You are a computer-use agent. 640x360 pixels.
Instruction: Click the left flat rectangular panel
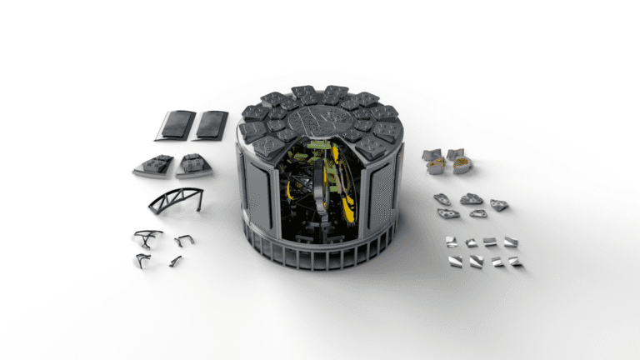175,125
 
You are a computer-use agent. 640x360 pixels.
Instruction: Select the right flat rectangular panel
210,125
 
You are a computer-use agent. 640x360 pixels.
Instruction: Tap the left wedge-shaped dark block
154,165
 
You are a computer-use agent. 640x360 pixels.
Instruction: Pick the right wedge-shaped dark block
193,165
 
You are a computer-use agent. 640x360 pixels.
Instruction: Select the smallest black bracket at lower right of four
176,262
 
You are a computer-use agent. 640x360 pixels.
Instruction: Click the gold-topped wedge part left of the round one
435,167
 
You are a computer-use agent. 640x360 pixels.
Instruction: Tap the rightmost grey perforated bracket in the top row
498,204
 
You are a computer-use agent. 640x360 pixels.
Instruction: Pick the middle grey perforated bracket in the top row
471,199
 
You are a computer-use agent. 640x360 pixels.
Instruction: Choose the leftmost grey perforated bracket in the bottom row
447,213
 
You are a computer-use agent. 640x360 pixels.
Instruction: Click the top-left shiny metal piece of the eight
451,241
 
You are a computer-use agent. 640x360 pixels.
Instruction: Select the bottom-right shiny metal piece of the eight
514,262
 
